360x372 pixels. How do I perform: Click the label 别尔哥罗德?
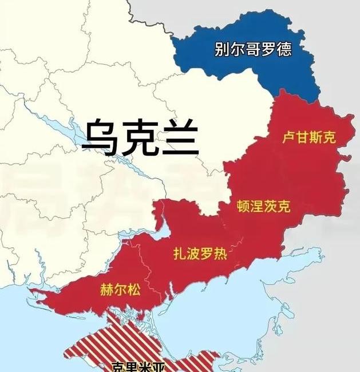point(253,49)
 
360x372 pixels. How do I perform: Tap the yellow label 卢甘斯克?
point(308,137)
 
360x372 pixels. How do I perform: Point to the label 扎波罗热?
point(200,255)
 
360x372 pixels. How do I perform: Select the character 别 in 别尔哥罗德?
point(222,49)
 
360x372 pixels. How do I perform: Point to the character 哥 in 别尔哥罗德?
point(253,49)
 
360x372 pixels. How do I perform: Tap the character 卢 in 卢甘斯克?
point(288,137)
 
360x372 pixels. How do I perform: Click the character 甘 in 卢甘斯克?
point(302,137)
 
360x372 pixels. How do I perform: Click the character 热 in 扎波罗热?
point(220,255)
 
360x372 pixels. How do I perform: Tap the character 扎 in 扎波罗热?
point(179,255)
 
